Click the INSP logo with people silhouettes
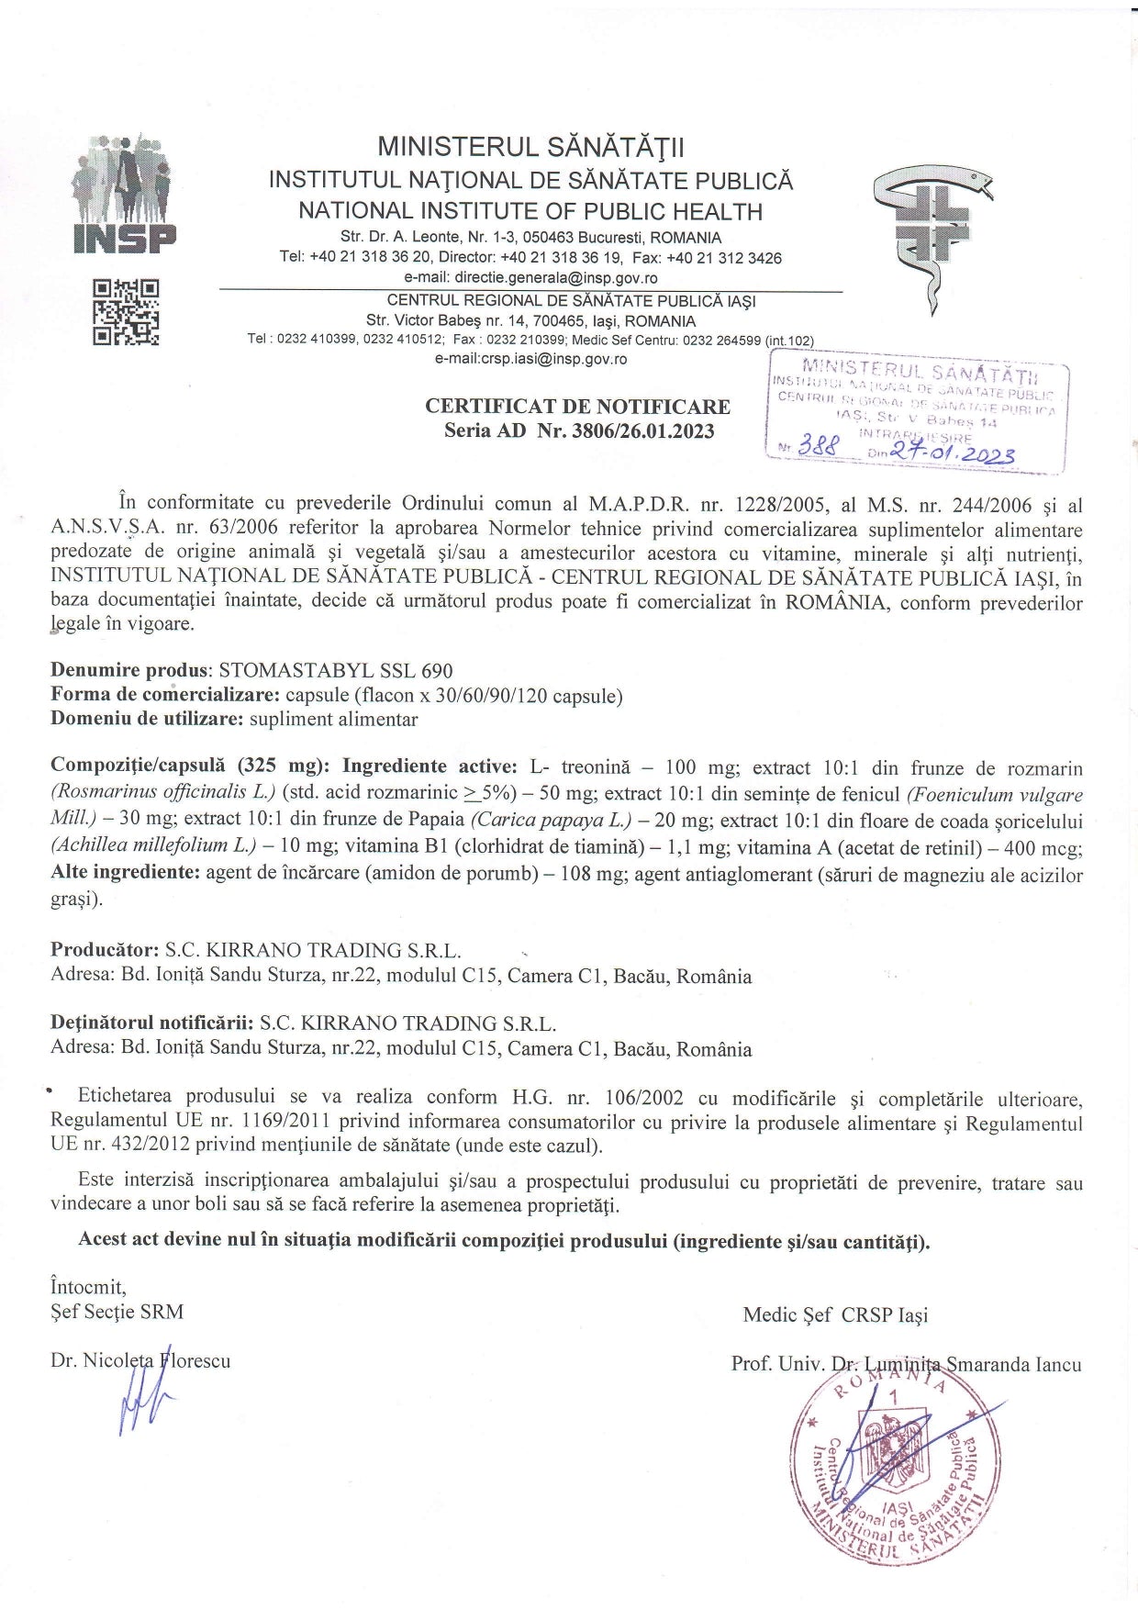[125, 194]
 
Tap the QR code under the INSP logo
[126, 312]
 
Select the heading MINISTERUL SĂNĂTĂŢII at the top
[531, 147]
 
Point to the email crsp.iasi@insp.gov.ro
[530, 359]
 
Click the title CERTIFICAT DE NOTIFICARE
[577, 406]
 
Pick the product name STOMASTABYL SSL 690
[336, 671]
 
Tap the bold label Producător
[105, 950]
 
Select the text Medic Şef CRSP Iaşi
[835, 1314]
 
